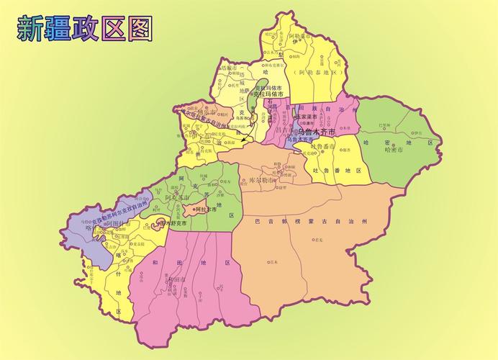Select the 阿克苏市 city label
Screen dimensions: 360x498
[177, 197]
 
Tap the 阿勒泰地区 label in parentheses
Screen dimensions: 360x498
[314, 73]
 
